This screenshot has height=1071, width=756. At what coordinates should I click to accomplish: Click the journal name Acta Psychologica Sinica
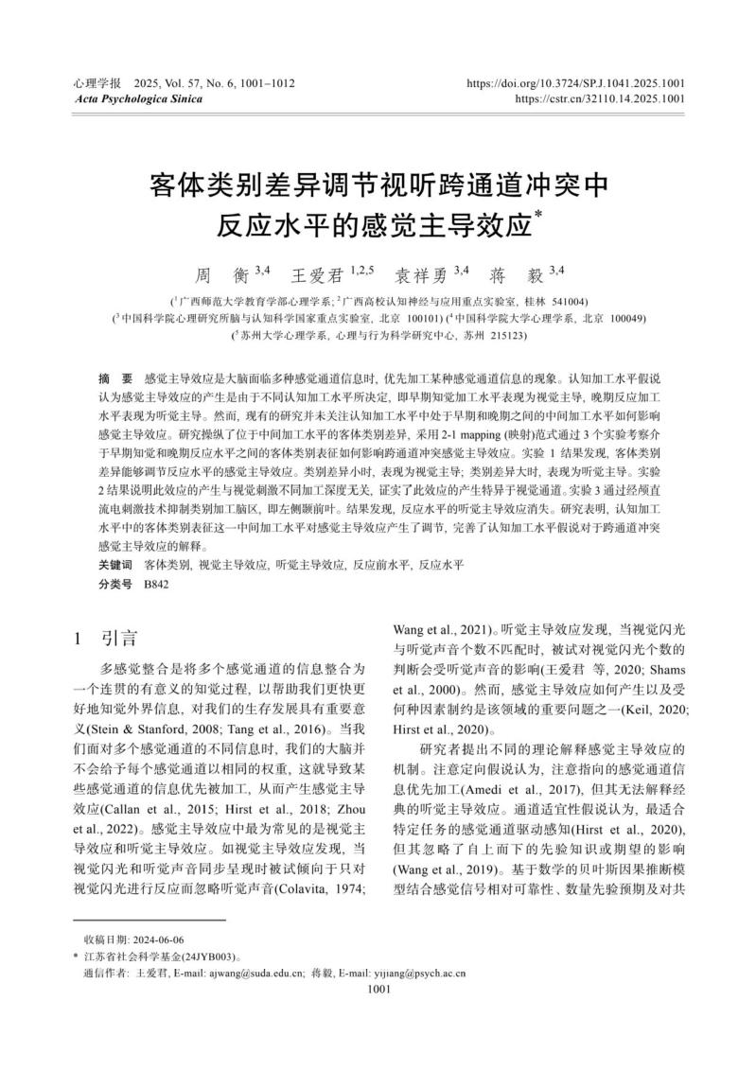point(123,97)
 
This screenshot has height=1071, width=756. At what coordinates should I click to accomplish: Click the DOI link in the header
point(575,83)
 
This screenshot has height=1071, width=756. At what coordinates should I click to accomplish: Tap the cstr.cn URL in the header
point(600,97)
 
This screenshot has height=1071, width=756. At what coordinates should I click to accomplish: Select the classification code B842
point(156,585)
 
